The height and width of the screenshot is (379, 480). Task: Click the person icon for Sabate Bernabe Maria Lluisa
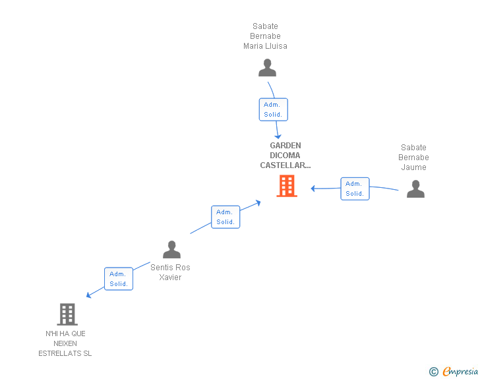point(267,68)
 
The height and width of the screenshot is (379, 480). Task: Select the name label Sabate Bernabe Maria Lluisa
point(265,36)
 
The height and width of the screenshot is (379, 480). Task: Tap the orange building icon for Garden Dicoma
point(287,186)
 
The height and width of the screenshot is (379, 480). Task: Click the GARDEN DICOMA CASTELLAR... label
point(285,156)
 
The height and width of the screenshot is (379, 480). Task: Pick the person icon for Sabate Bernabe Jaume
point(415,189)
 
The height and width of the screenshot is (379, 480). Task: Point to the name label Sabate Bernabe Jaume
point(413,158)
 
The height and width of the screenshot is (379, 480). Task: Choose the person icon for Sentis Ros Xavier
point(171,250)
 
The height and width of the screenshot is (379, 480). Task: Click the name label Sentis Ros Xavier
point(170,272)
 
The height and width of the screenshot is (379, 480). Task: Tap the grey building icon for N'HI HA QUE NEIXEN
point(67,314)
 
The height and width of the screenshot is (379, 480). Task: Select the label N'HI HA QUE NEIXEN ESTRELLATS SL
point(65,343)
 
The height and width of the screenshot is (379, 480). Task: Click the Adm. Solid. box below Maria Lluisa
point(273,109)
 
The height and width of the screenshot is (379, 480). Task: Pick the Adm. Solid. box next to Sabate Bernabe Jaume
point(355,189)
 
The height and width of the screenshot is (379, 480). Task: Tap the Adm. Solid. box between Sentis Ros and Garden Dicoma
point(225,217)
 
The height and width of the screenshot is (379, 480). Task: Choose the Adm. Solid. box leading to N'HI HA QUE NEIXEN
point(119,279)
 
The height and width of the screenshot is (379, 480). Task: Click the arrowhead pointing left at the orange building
point(314,189)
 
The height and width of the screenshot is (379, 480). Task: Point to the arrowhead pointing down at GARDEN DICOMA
point(279,136)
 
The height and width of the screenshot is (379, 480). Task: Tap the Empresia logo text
point(460,372)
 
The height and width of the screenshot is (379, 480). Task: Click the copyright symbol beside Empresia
point(433,372)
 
